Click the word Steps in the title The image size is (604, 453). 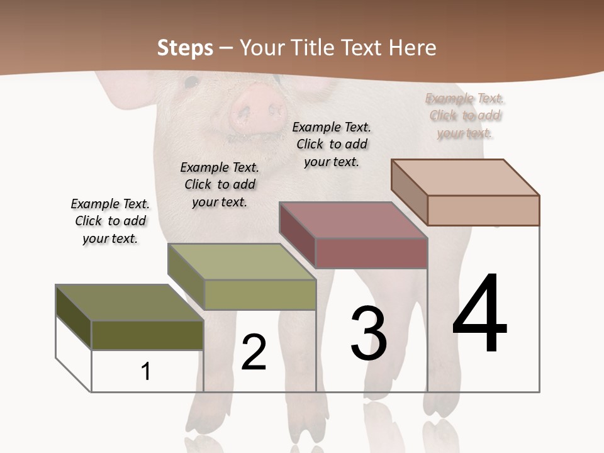pos(185,48)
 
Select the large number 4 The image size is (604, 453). pos(480,314)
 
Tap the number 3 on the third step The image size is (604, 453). pos(369,333)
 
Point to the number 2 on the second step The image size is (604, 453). pos(254,352)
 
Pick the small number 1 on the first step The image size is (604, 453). pos(146,372)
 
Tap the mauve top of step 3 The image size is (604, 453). pos(353,220)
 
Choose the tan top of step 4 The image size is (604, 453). pos(466,177)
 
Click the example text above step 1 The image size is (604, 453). pos(110,221)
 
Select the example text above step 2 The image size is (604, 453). pos(220,184)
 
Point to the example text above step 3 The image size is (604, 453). pos(332,144)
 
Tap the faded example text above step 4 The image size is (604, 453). pos(465,115)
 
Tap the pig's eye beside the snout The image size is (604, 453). pos(191,81)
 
